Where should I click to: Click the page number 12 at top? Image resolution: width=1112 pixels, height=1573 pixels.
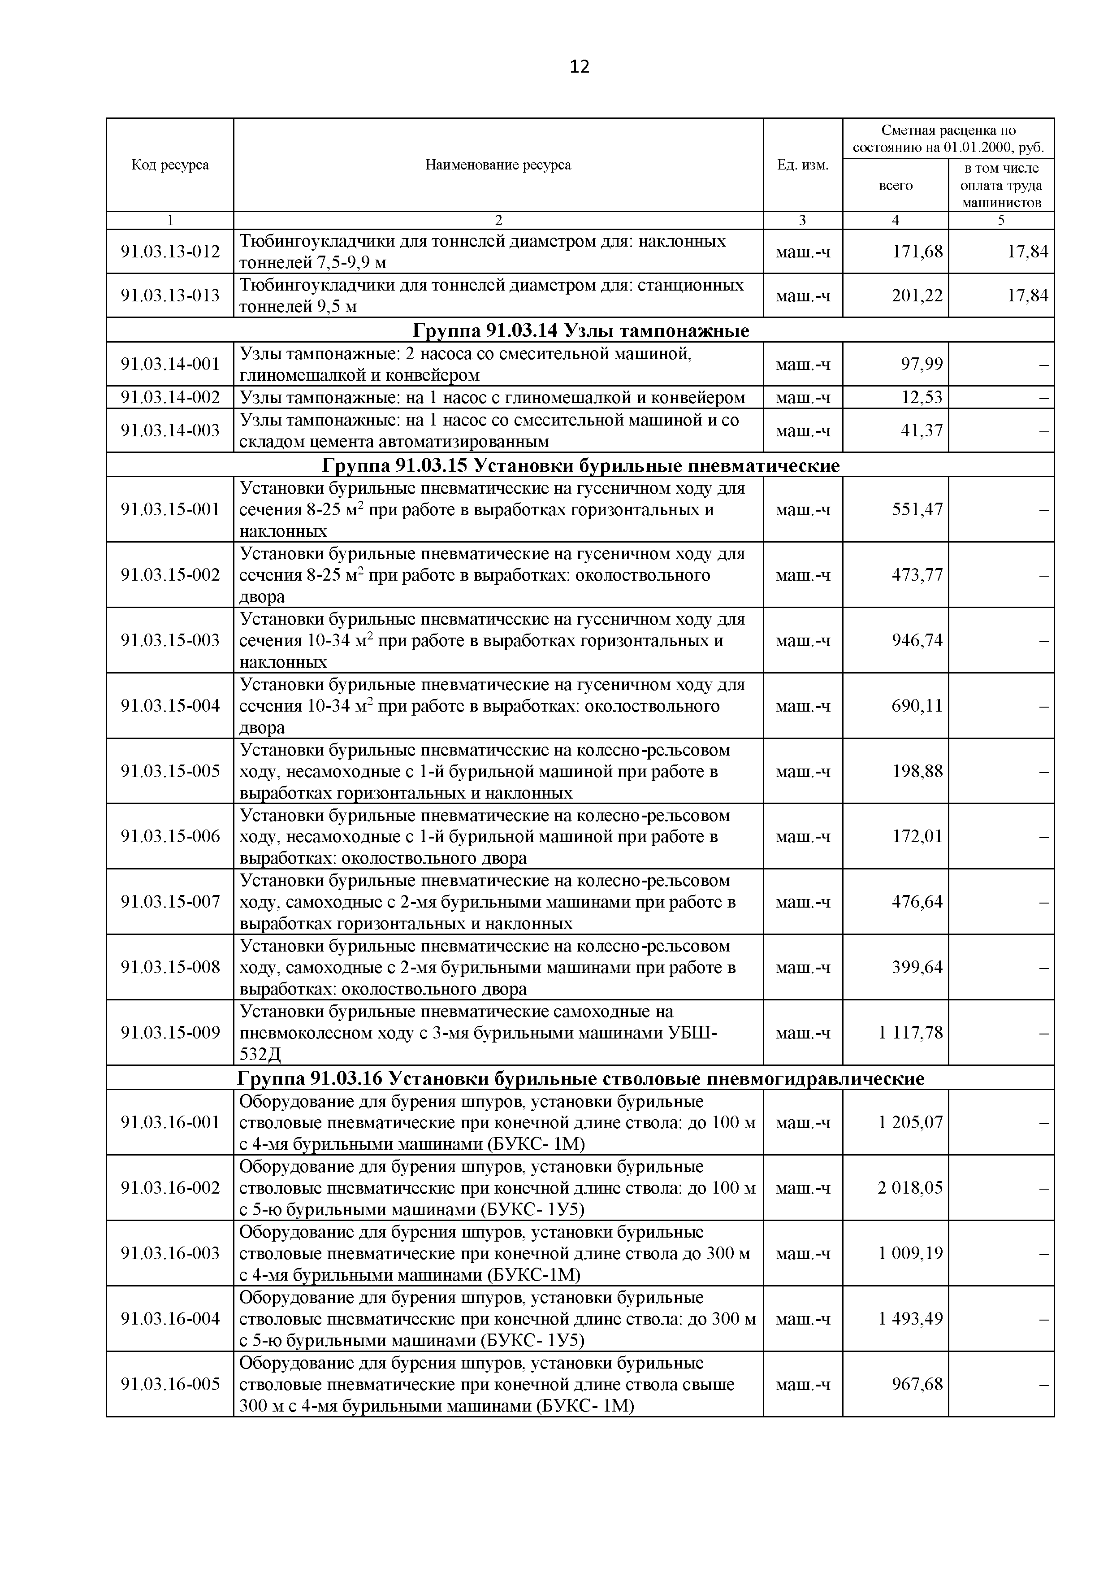click(579, 66)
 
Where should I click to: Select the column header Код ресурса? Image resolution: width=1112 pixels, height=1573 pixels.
click(170, 165)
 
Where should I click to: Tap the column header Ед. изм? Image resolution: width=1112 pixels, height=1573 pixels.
click(802, 165)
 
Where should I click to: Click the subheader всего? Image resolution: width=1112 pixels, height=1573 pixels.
click(895, 186)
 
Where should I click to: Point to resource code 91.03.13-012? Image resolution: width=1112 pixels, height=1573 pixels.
click(170, 252)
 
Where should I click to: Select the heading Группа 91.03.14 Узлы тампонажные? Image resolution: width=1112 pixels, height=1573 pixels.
click(580, 331)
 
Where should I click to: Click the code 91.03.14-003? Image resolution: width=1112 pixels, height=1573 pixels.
click(170, 430)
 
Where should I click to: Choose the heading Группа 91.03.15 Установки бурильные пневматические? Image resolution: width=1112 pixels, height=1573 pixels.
click(580, 466)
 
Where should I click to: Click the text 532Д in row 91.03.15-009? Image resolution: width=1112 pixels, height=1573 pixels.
click(260, 1054)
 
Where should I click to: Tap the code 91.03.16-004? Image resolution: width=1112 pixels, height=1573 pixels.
click(170, 1318)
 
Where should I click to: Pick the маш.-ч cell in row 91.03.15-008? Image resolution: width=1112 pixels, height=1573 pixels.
click(802, 967)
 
